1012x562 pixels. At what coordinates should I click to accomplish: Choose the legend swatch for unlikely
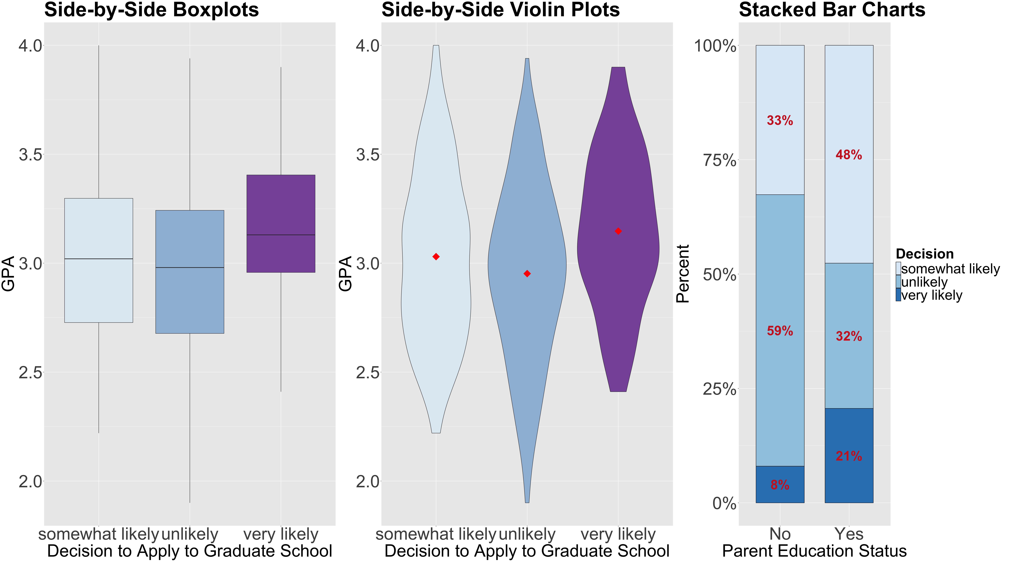(899, 282)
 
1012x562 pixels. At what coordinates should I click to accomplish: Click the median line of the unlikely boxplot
(190, 267)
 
